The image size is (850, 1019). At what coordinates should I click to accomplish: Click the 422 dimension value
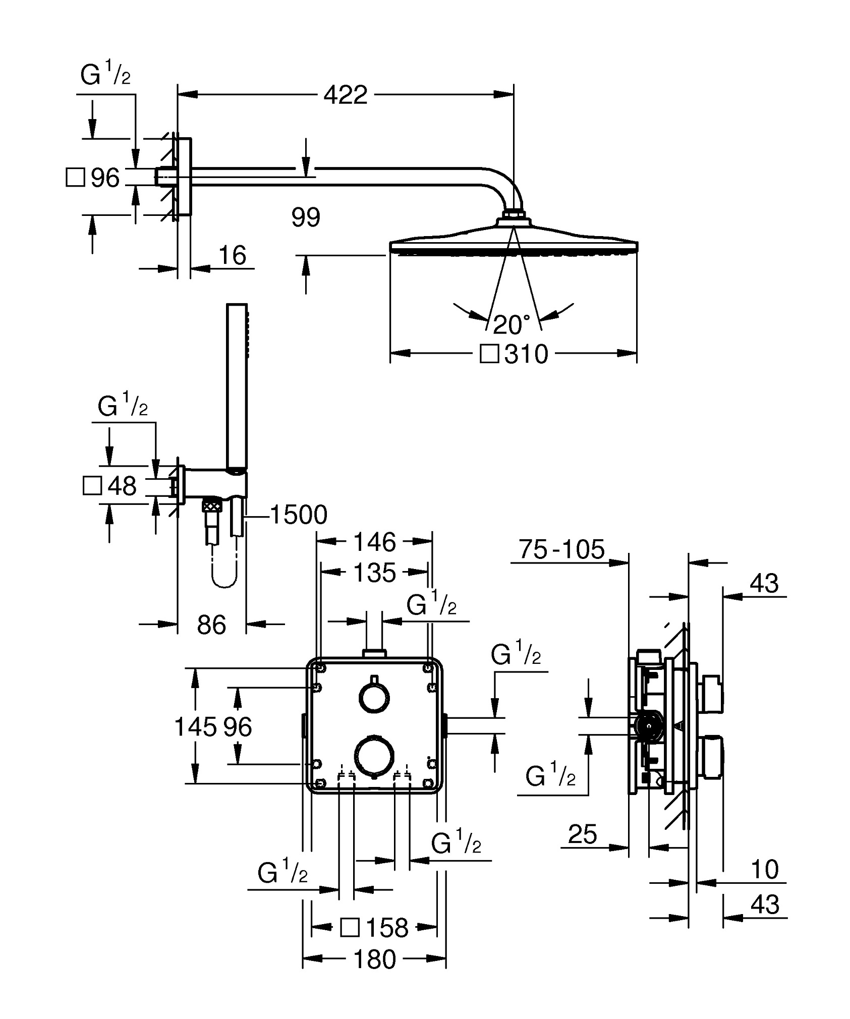pos(346,95)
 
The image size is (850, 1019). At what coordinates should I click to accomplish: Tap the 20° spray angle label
pos(512,325)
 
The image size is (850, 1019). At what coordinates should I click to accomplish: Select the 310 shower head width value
pos(526,354)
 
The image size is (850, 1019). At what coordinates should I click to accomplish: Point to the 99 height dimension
pos(306,217)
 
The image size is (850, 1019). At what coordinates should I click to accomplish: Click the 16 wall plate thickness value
pos(233,255)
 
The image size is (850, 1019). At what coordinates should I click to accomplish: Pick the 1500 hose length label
pos(299,515)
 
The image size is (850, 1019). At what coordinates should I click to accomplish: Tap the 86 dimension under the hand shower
pos(211,625)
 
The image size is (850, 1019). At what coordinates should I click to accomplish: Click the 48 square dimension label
pos(122,486)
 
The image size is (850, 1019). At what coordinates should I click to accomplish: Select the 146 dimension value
pos(374,542)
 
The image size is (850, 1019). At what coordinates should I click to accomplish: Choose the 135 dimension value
pos(374,573)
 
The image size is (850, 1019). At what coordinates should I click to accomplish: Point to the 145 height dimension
pos(195,727)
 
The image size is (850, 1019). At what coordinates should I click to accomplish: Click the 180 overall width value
pos(374,959)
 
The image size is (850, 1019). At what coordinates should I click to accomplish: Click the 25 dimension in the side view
pos(583,834)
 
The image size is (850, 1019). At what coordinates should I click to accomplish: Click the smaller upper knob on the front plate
pos(374,698)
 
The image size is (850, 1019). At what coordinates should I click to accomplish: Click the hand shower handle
pos(237,386)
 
